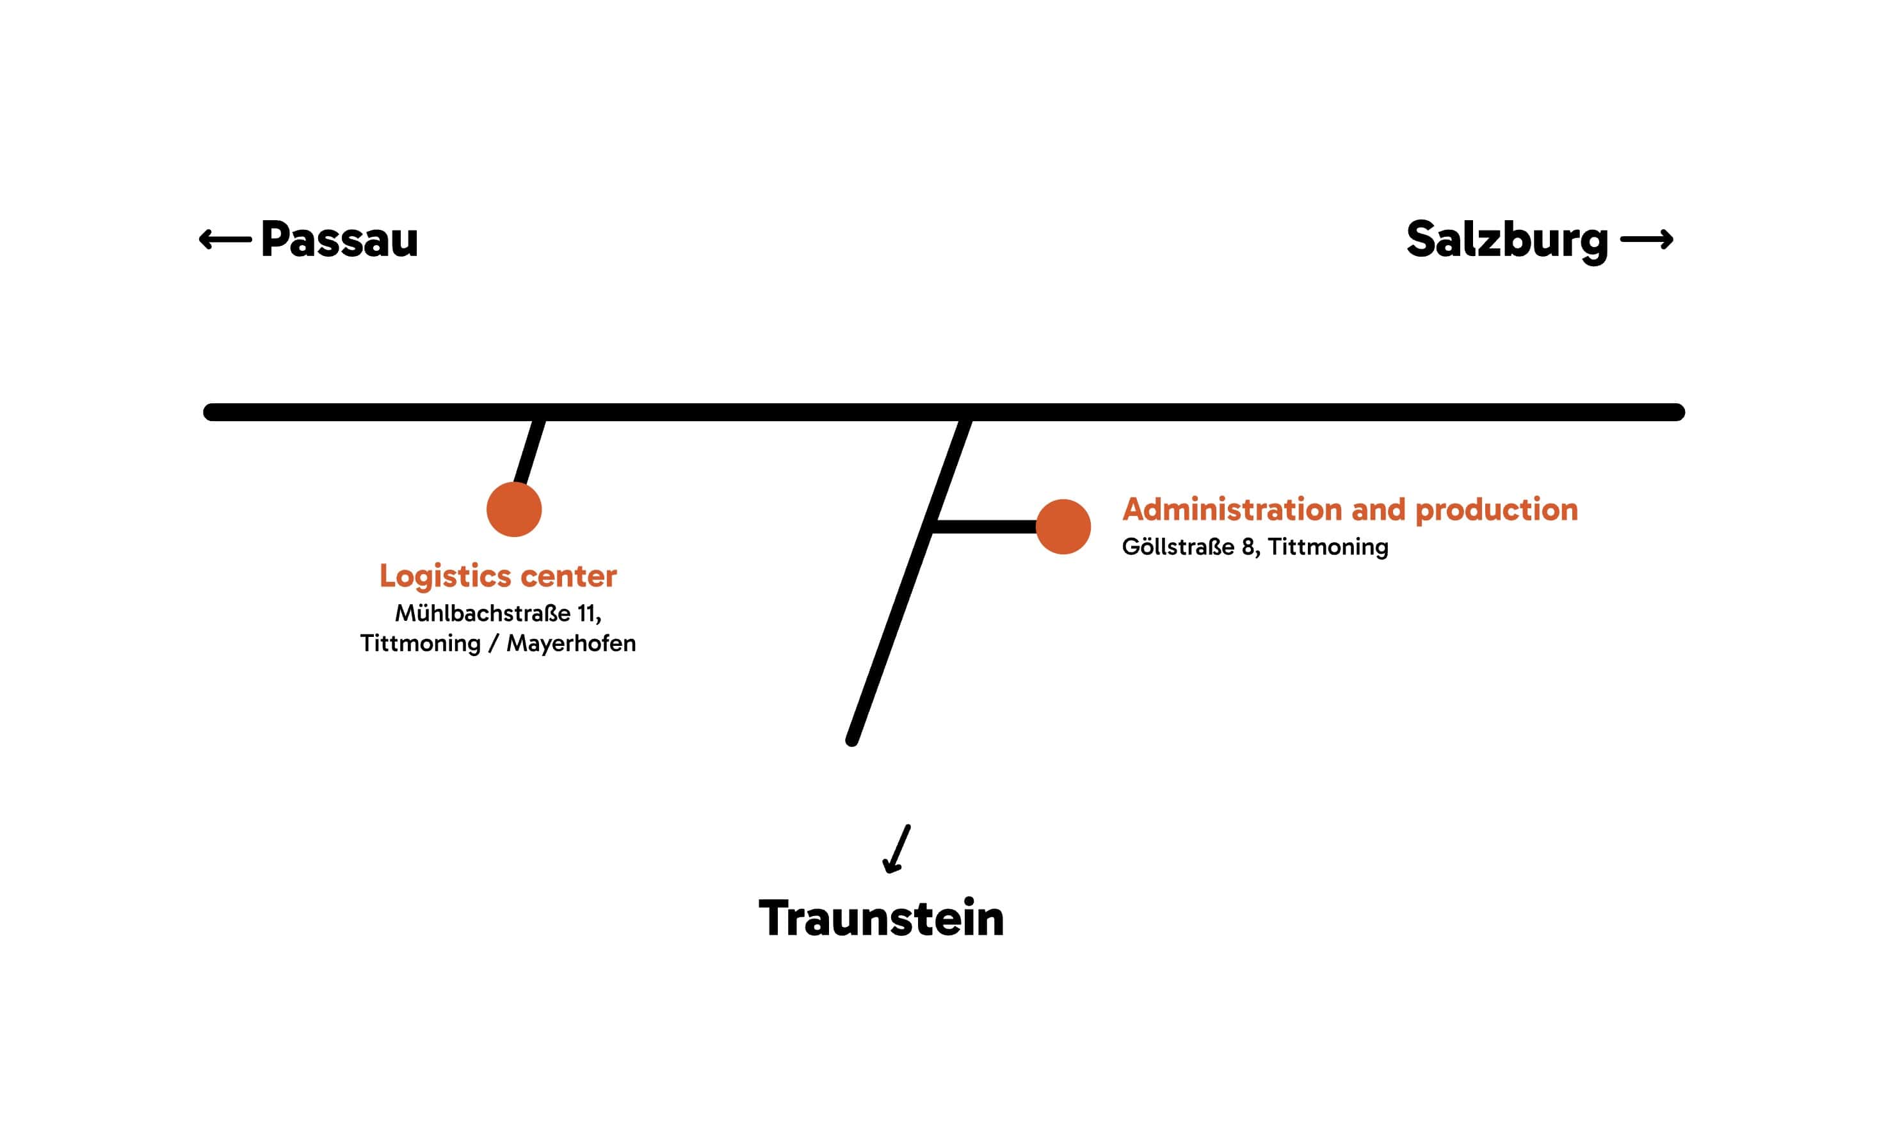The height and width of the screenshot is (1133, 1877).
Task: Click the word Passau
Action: pos(339,239)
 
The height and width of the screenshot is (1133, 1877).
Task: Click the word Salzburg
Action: pos(1506,239)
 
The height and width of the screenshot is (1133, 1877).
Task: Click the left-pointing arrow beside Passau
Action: pos(225,239)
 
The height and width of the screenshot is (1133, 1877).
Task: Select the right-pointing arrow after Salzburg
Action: pos(1645,239)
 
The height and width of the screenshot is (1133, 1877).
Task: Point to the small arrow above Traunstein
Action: pos(897,849)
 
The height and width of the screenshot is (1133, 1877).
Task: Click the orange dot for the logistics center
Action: pos(514,509)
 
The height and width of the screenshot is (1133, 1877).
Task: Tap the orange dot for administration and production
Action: pos(1063,527)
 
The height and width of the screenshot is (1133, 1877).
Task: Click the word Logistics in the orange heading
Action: pos(445,576)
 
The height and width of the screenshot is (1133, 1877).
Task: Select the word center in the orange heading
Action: pos(568,576)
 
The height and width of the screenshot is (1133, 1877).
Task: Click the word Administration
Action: pos(1232,509)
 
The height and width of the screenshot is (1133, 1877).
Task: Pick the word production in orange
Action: pos(1496,510)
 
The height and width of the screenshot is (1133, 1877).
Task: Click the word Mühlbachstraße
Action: pos(482,613)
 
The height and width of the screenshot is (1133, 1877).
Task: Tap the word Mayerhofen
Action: pos(570,643)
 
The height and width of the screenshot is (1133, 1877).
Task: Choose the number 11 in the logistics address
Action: pos(586,613)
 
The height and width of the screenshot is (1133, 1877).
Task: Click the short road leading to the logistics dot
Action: pos(529,453)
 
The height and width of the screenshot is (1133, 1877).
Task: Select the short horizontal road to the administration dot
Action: pos(984,527)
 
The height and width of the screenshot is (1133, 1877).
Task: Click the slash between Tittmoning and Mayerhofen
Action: pos(494,643)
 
